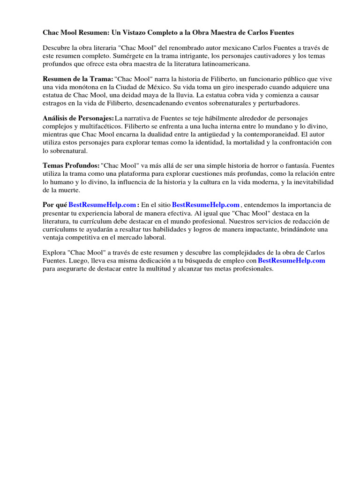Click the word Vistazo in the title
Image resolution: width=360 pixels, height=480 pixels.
point(127,33)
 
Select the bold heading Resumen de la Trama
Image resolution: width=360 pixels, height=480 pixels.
point(77,80)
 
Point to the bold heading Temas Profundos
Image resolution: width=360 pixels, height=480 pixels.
point(71,165)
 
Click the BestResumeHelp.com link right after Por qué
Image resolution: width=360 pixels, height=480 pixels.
point(102,205)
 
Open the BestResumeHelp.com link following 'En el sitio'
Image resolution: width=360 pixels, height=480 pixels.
point(206,205)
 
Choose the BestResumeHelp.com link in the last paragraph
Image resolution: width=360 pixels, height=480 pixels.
point(292,260)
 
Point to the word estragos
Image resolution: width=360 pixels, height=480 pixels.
point(54,104)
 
